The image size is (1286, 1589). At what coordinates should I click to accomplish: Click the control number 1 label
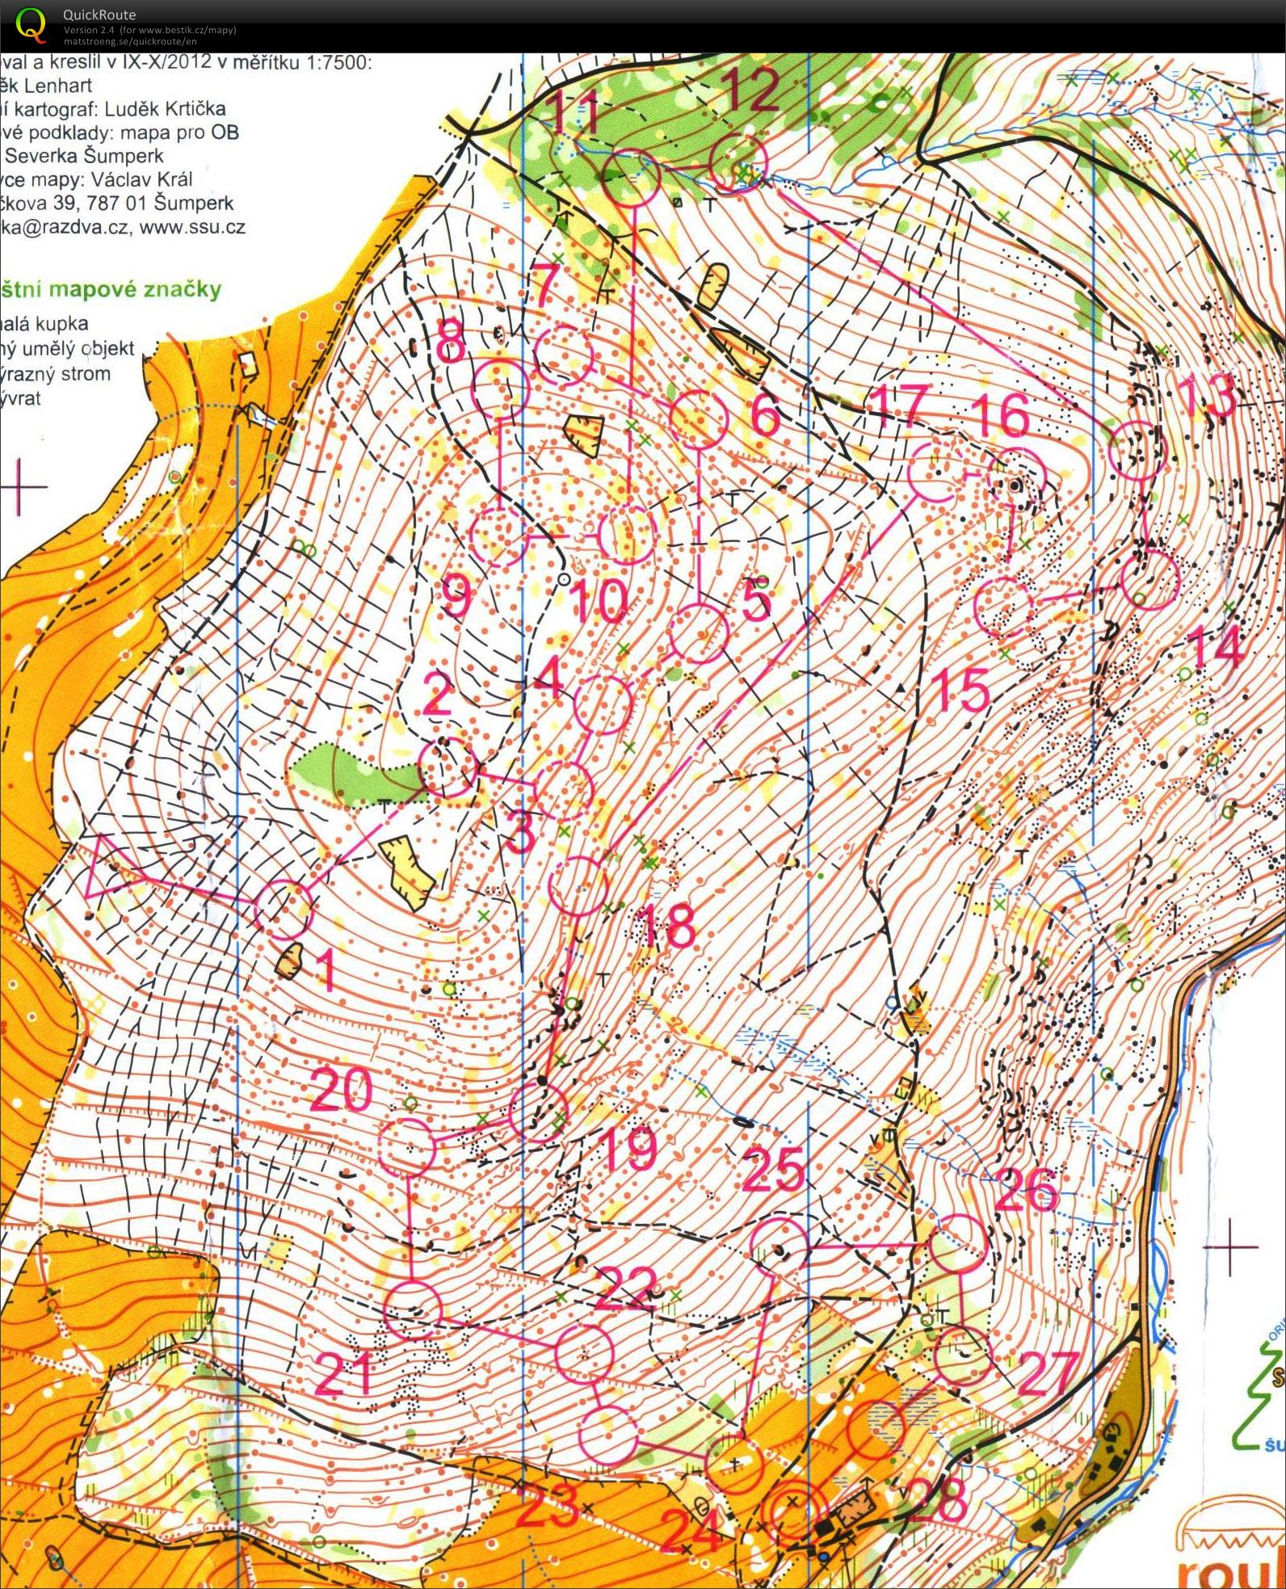pyautogui.click(x=325, y=969)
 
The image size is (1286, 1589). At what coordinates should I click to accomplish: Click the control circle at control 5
pyautogui.click(x=700, y=633)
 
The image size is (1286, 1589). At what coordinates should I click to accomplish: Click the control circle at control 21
pyautogui.click(x=413, y=1310)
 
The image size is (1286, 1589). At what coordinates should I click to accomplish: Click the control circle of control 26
pyautogui.click(x=957, y=1243)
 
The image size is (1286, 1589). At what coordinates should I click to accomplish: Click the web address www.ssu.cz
pyautogui.click(x=192, y=227)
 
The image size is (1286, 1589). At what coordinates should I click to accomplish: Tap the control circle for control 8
pyautogui.click(x=501, y=389)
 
